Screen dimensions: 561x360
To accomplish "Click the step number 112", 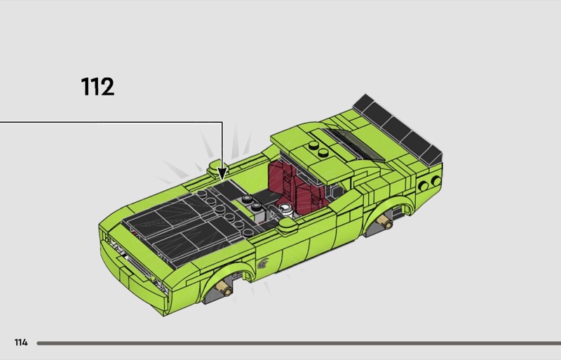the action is coord(97,86).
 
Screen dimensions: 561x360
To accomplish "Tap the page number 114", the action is coord(21,342).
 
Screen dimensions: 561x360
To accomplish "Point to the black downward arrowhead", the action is coord(222,173).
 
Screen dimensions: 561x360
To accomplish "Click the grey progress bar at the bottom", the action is coord(299,343).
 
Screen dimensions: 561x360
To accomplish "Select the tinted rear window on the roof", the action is coord(353,143).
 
